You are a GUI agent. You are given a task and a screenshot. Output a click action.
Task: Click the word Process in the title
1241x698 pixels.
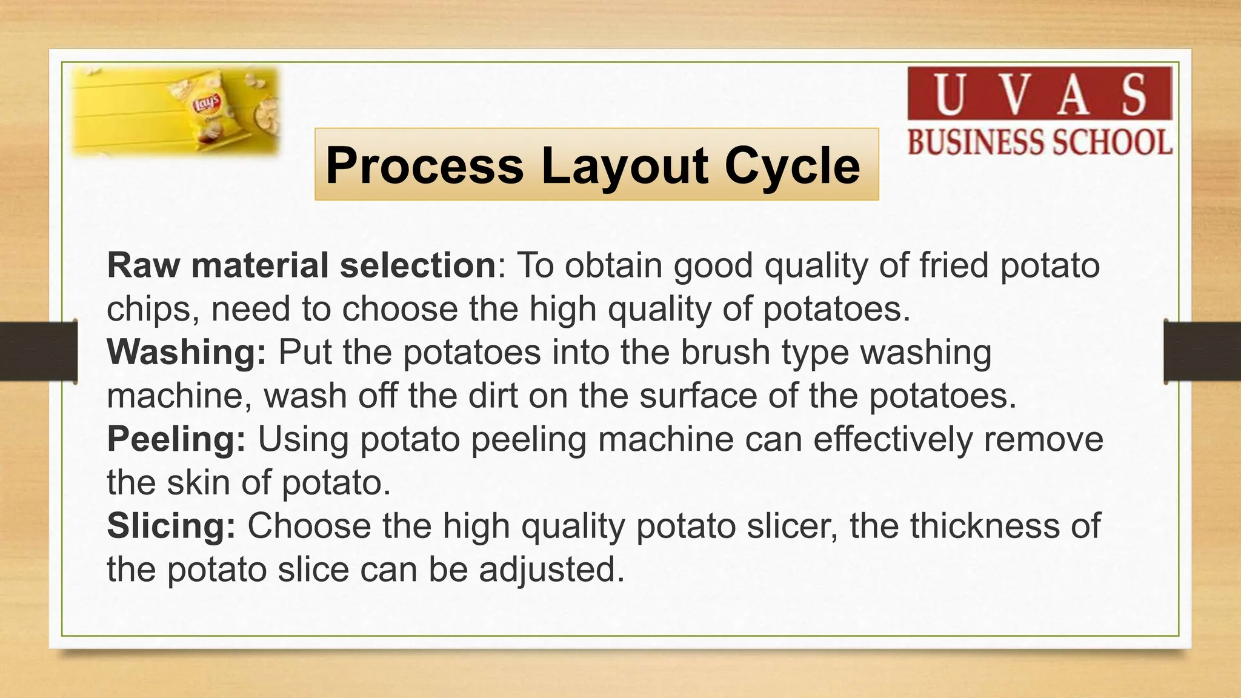tap(424, 165)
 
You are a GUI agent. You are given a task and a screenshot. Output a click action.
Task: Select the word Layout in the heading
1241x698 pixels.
tap(624, 165)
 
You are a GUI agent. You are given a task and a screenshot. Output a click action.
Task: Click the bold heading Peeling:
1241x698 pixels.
tap(176, 439)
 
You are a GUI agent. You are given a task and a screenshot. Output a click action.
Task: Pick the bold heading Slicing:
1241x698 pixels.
tap(171, 526)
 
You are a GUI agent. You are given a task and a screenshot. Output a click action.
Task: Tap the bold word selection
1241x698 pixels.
tap(418, 265)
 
